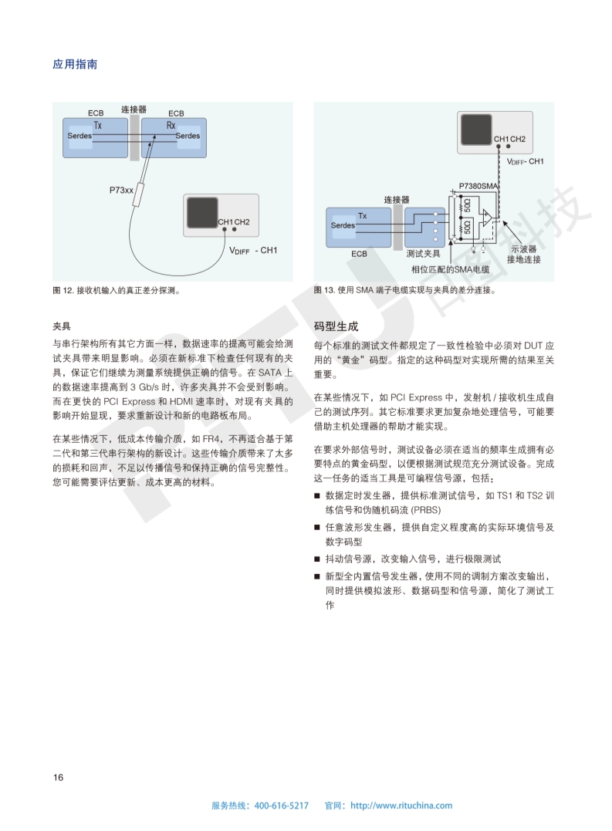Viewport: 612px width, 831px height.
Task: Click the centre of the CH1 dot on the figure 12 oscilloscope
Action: pos(225,229)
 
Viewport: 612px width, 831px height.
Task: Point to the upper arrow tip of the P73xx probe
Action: pos(154,135)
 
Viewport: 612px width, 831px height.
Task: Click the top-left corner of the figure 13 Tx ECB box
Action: pos(326,208)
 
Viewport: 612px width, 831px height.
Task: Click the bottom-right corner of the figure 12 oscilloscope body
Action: pos(259,236)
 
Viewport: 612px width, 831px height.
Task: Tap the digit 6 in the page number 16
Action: pos(60,778)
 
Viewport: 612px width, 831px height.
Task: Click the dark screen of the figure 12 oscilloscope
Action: pos(202,213)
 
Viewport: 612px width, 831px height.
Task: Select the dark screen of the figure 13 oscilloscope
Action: pos(476,130)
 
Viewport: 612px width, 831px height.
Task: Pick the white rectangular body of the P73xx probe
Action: pos(140,195)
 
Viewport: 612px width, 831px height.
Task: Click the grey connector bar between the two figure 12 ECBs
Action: pos(134,137)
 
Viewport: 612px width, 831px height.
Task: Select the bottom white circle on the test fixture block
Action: pos(435,238)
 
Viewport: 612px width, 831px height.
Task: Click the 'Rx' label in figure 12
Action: pos(171,126)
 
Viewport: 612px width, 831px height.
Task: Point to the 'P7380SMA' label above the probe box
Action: pos(478,186)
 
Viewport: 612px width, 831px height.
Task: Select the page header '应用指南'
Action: pos(75,65)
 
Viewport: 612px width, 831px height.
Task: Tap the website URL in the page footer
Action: pos(401,806)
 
